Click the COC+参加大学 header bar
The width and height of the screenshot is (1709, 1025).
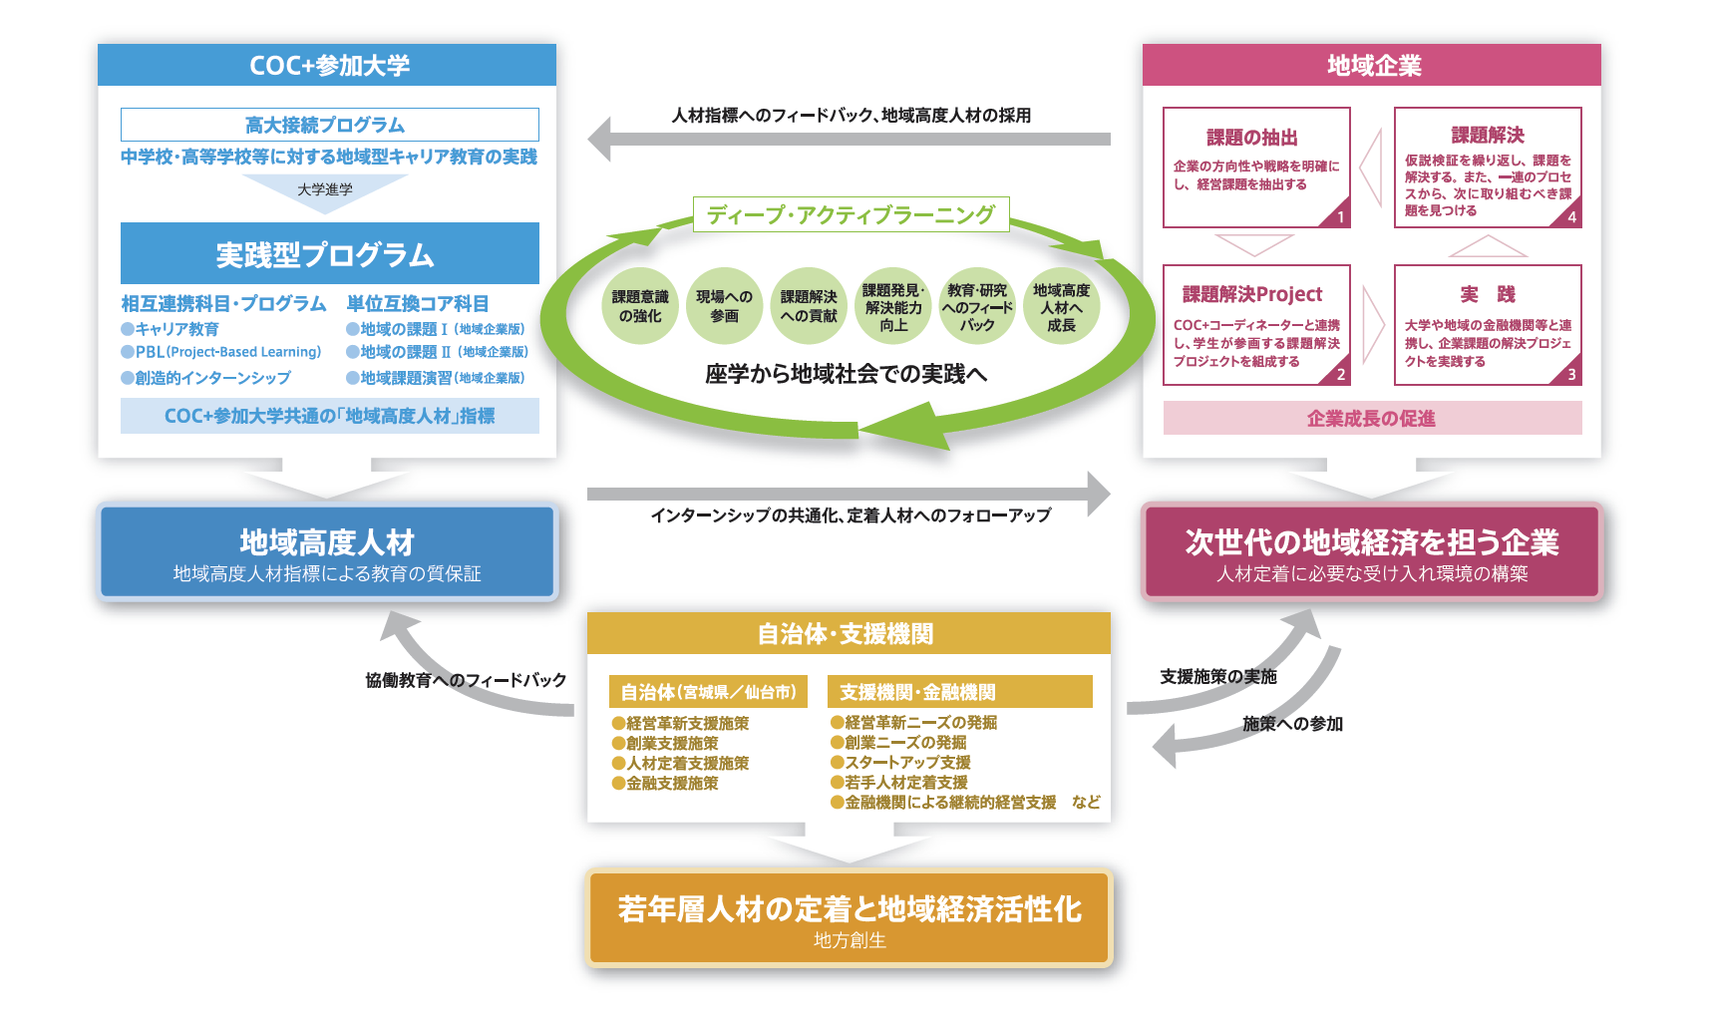tap(327, 65)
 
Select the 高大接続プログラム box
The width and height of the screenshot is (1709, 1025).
tap(329, 125)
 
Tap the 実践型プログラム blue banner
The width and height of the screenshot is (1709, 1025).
tap(329, 254)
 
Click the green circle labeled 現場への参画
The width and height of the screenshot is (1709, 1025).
tap(724, 306)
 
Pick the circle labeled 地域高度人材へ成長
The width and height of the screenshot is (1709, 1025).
tap(1061, 306)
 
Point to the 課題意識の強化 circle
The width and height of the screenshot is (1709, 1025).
tap(640, 306)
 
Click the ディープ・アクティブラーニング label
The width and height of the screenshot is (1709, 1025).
tap(851, 214)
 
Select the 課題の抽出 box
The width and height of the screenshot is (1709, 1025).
tap(1255, 167)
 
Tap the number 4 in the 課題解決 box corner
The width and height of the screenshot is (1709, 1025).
tap(1571, 217)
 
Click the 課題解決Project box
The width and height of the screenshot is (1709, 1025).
tap(1255, 324)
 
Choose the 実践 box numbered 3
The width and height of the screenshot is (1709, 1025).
tap(1487, 324)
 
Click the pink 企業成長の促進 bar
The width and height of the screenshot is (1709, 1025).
tap(1372, 419)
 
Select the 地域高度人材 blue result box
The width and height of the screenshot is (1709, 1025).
tap(327, 552)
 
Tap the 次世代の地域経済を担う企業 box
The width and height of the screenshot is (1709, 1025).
tap(1372, 552)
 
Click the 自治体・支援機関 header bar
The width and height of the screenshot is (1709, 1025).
tap(848, 634)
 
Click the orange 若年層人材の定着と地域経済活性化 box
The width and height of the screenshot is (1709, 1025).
tap(849, 918)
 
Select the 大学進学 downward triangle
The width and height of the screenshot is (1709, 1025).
tap(325, 190)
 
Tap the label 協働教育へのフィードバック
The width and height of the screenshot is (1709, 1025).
tap(466, 680)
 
